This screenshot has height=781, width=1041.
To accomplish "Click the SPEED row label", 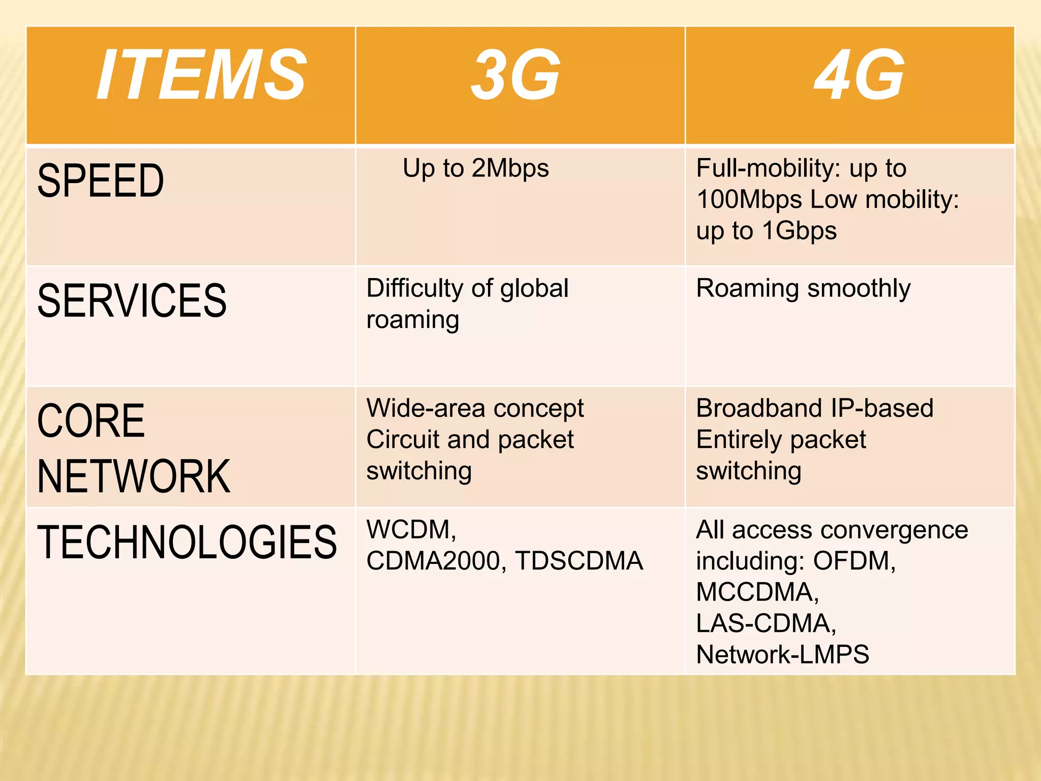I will pos(101,181).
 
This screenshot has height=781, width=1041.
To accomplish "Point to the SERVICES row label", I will pos(132,301).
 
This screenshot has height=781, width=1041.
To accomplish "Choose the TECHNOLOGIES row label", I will pos(187,542).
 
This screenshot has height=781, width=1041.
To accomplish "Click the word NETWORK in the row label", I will pos(134,476).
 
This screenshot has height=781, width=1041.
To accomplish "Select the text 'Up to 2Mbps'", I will pos(476,168).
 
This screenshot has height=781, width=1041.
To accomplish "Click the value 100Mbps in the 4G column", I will pos(749,199).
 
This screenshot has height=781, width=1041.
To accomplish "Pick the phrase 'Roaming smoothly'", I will pos(803,289).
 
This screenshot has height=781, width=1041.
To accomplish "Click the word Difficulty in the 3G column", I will pos(415,288).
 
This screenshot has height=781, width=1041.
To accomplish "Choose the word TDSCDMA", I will pos(579,561).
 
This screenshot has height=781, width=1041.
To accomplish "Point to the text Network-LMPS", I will pos(782,654).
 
